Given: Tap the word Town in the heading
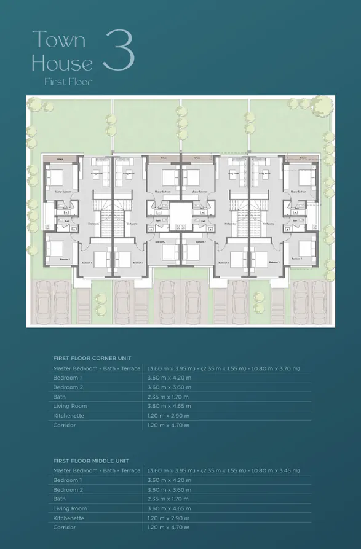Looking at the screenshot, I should tap(58, 40).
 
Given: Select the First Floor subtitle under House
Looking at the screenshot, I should tap(68, 82).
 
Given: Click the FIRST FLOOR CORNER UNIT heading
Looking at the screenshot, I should tap(92, 358).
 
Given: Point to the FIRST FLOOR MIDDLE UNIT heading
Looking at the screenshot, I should tap(92, 460).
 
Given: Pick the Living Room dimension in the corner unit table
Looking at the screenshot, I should tap(169, 406).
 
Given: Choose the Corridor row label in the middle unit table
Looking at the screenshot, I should tap(65, 528).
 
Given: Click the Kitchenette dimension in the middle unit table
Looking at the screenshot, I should tap(169, 518).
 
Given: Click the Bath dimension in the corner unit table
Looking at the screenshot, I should tap(169, 397).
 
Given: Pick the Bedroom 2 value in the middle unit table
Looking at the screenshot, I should tap(169, 489).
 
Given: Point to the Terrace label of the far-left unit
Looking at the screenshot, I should tap(60, 158).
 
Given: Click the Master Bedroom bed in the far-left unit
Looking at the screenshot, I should tap(54, 178).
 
